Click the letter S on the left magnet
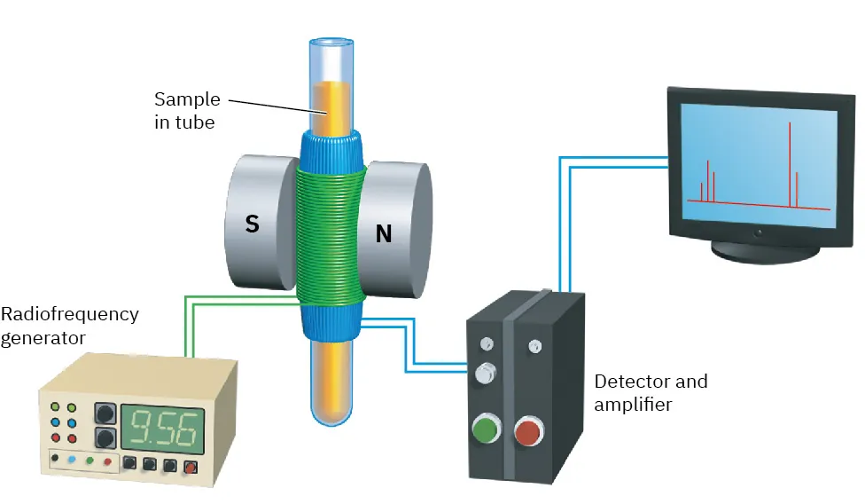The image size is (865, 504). (x=253, y=224)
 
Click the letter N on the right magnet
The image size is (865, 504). (x=384, y=233)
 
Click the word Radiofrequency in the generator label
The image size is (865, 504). (x=70, y=314)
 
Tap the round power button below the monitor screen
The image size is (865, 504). (x=759, y=232)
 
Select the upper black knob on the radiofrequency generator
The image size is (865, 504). (x=105, y=413)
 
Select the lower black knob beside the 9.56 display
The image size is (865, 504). (x=105, y=438)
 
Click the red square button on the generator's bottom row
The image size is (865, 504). (x=190, y=465)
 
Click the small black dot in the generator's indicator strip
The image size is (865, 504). (x=55, y=460)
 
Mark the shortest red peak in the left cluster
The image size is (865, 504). (x=701, y=192)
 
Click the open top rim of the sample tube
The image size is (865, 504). (x=331, y=42)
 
